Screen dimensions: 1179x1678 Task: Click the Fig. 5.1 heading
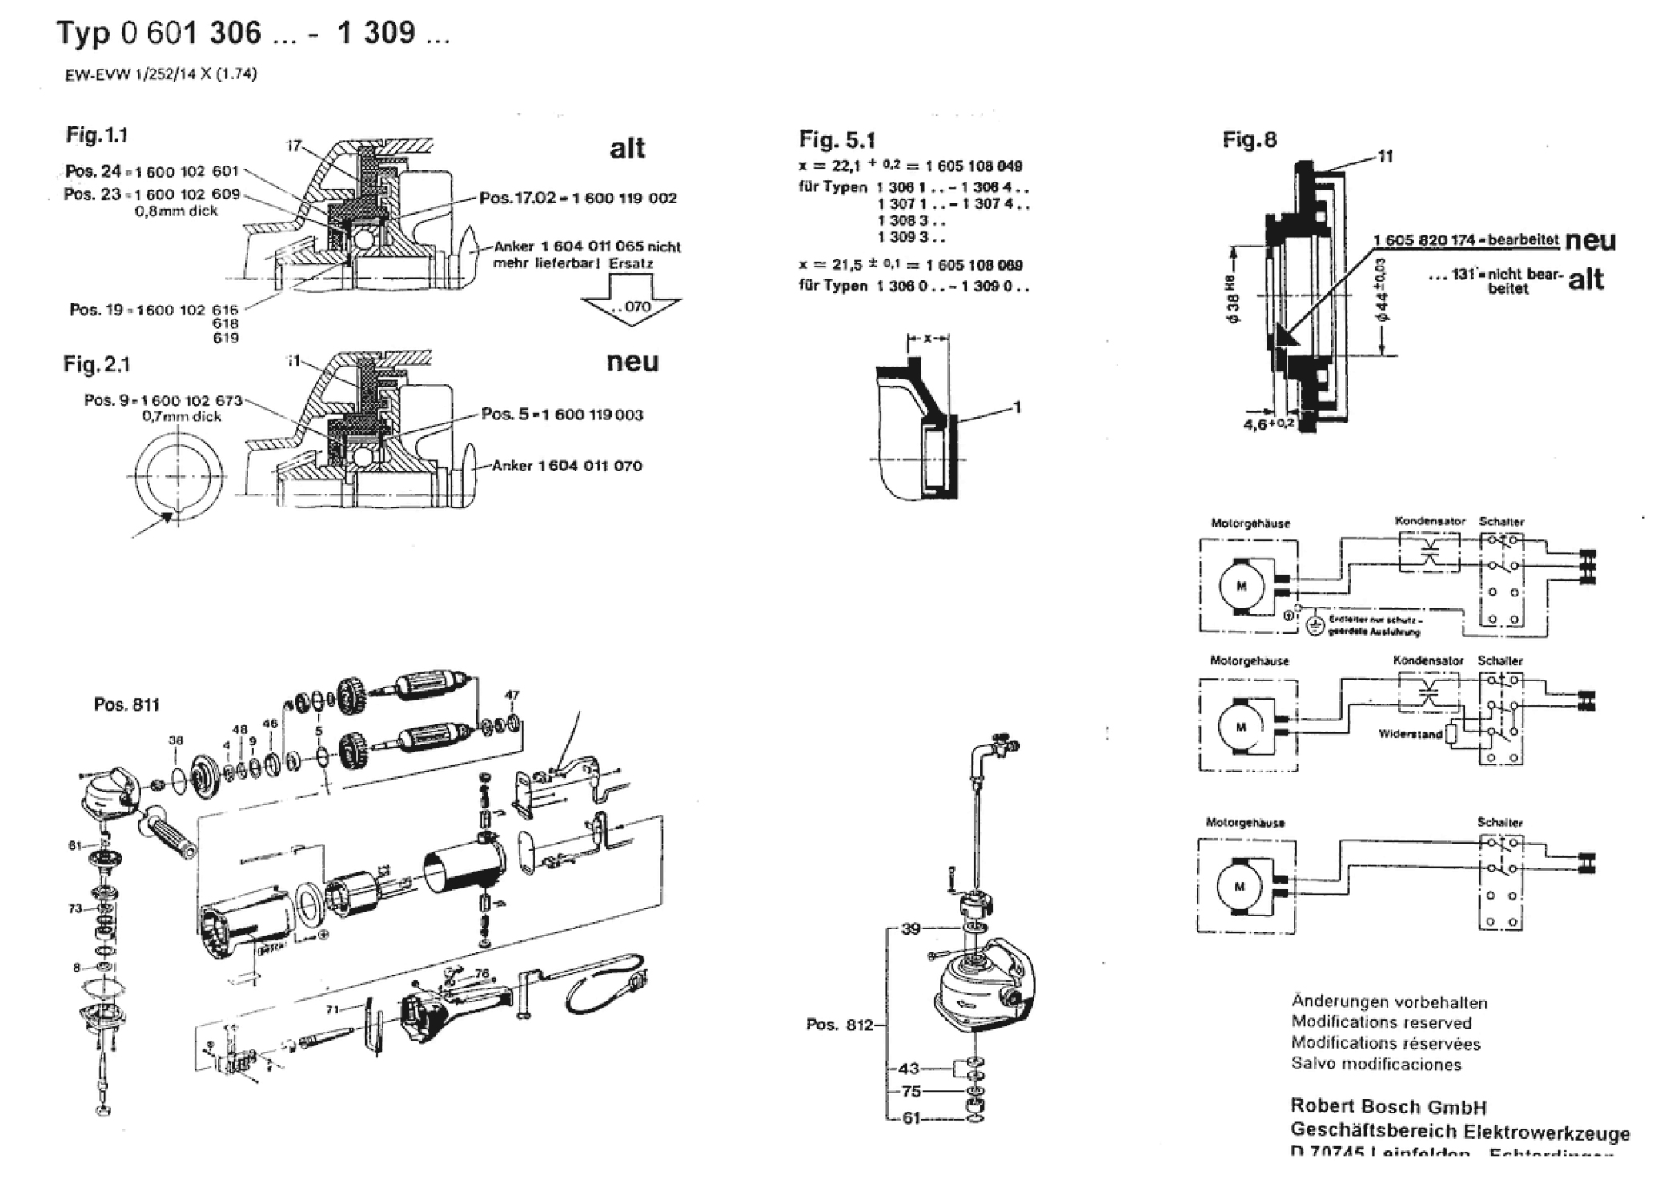837,141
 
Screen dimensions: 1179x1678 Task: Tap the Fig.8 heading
1249,140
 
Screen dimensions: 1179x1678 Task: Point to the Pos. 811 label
126,704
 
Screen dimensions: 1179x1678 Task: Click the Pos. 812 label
839,1025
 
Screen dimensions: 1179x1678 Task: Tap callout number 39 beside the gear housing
911,929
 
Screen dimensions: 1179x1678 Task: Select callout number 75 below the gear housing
911,1091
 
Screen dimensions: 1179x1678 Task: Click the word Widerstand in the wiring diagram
1410,734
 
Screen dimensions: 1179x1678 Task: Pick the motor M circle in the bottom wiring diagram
1240,887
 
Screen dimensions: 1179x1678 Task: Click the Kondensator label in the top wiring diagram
1430,521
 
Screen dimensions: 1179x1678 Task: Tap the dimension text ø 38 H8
1234,300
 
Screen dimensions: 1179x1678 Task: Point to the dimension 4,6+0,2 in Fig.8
1268,423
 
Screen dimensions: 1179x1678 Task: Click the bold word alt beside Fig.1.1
627,148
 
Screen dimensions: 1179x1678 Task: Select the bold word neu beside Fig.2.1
632,362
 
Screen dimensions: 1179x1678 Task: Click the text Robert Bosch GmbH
1388,1107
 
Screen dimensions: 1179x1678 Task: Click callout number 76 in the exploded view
482,974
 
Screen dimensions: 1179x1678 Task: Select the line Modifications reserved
1381,1023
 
